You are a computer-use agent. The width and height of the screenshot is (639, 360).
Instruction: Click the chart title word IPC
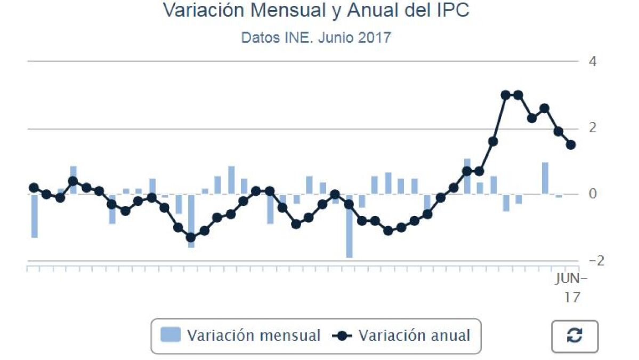pyautogui.click(x=451, y=11)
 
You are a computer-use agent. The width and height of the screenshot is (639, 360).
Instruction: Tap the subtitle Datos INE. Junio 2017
pyautogui.click(x=316, y=38)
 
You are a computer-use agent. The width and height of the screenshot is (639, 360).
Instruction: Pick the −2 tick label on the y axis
pyautogui.click(x=589, y=260)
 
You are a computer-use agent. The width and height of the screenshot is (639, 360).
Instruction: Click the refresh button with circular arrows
pyautogui.click(x=575, y=337)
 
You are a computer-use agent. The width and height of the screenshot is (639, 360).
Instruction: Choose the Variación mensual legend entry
pyautogui.click(x=253, y=336)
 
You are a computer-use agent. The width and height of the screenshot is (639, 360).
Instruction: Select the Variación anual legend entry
pyautogui.click(x=414, y=336)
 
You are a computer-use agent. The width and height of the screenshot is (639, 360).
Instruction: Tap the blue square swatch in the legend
pyautogui.click(x=171, y=335)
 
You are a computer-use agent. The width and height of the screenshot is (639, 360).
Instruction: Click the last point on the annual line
pyautogui.click(x=571, y=145)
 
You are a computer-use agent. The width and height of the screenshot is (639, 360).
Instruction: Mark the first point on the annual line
pyautogui.click(x=34, y=188)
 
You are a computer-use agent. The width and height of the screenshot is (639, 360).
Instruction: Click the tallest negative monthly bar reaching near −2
pyautogui.click(x=350, y=227)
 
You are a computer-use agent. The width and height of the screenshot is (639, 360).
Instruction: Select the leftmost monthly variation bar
pyautogui.click(x=34, y=216)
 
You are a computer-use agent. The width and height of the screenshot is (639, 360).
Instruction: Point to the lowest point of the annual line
pyautogui.click(x=191, y=237)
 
